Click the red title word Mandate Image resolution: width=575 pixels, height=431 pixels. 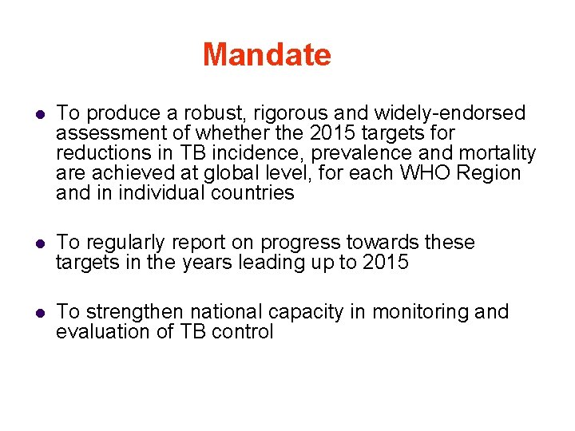click(267, 55)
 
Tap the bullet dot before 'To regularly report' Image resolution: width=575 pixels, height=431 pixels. click(38, 243)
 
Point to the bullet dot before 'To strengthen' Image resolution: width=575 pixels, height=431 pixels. click(38, 313)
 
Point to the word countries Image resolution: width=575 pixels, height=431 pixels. click(253, 193)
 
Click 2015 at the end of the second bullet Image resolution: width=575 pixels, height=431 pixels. click(385, 262)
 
